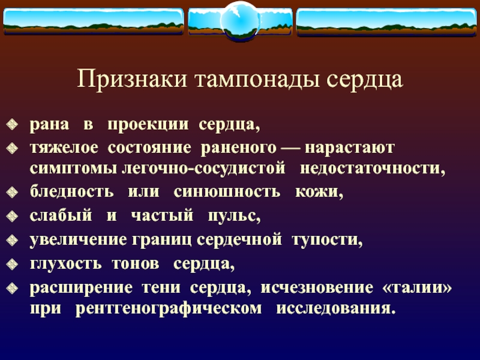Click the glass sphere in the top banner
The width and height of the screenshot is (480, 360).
239,21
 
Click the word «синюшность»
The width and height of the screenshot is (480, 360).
227,193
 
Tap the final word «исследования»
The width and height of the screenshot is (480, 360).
336,309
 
